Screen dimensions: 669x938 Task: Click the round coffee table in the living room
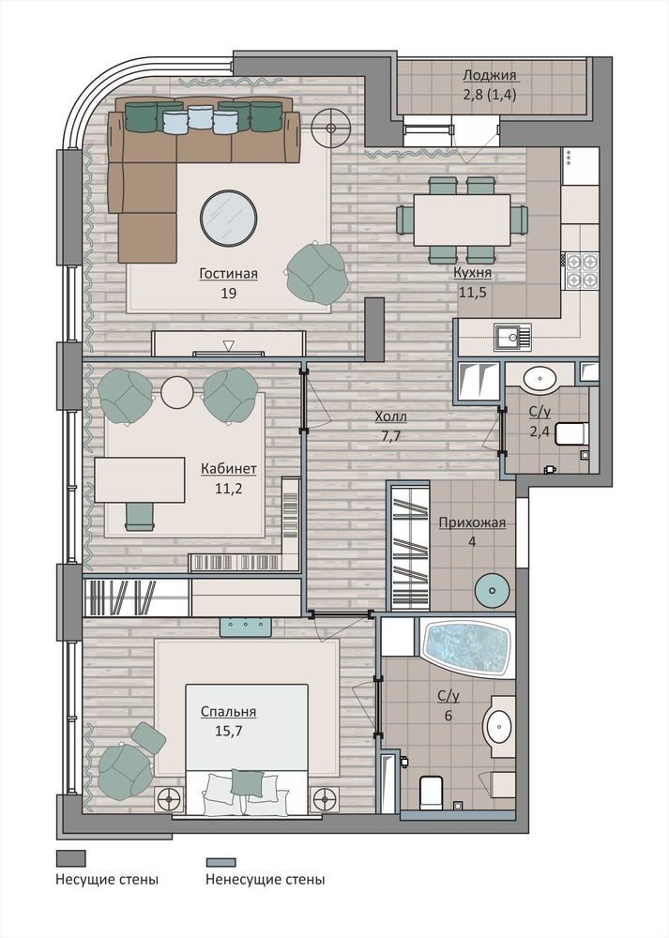pos(229,218)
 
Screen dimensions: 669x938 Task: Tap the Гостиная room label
pos(229,273)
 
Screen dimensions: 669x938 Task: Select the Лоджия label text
pos(490,75)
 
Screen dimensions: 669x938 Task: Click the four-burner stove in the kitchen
pos(582,269)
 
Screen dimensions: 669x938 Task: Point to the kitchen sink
pos(512,336)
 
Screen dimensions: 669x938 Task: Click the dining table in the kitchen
pos(462,219)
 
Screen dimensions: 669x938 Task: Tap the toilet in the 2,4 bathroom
pos(572,433)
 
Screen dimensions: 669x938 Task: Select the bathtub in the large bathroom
pos(467,648)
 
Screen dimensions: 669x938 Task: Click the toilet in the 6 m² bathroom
pos(431,790)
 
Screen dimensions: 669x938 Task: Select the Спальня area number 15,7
pos(229,731)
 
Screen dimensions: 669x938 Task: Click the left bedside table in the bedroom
pos(170,797)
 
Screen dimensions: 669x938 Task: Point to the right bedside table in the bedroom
pos(325,797)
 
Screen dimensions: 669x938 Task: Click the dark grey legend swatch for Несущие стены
pos(70,858)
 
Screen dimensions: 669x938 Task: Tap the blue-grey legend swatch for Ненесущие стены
pos(220,862)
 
